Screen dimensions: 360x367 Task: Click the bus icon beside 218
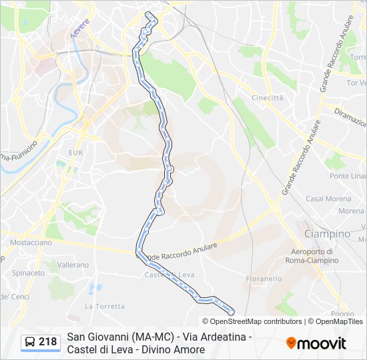(30, 343)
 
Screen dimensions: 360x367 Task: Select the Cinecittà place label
(267, 97)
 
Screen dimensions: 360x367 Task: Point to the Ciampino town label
(327, 234)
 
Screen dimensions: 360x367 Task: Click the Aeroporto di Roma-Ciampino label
(312, 256)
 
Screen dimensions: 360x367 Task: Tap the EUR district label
(74, 153)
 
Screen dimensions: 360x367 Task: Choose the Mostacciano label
(31, 243)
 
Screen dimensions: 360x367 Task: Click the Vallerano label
(72, 265)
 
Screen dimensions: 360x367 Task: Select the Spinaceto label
(28, 273)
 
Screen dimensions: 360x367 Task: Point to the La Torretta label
(105, 307)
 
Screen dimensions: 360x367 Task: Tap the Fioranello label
(264, 279)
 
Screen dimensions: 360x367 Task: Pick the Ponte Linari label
(348, 176)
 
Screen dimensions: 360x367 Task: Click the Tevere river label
(80, 31)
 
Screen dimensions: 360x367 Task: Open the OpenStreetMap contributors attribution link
(256, 321)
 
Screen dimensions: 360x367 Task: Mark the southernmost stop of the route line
(231, 311)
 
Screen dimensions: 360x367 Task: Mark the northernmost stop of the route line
(148, 15)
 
